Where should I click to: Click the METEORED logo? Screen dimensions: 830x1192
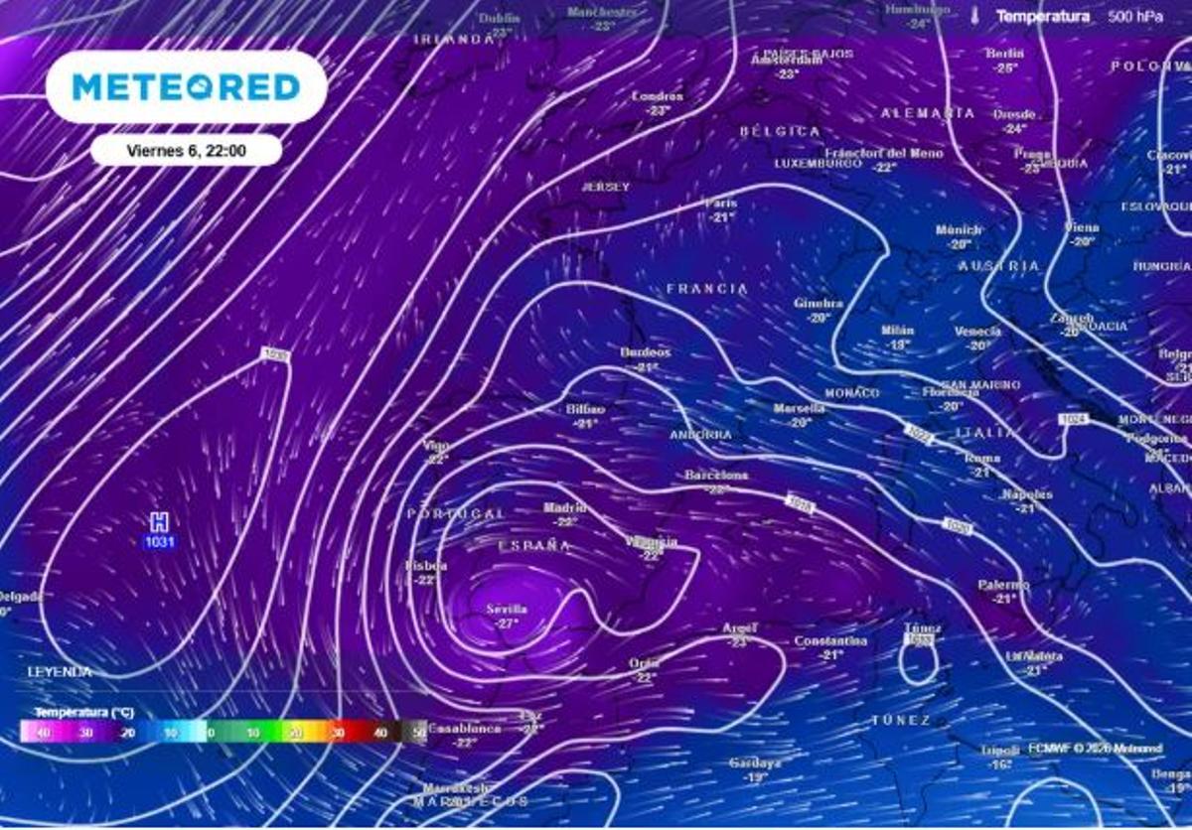click(x=186, y=87)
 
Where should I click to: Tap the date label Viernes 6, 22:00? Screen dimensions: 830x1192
click(x=187, y=151)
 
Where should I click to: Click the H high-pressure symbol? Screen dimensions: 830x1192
click(x=158, y=522)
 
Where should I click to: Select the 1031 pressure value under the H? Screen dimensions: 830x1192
click(x=159, y=541)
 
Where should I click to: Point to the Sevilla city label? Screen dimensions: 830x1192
click(x=507, y=609)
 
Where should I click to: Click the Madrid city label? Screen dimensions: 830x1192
click(x=564, y=508)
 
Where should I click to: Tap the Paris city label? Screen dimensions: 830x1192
click(x=721, y=204)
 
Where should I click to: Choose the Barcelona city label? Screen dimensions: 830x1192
click(x=716, y=476)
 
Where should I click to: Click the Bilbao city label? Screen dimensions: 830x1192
click(x=585, y=409)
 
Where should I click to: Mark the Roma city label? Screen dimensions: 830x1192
click(x=982, y=458)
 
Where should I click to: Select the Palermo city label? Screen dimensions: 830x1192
click(x=1003, y=586)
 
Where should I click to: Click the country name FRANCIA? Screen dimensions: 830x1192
click(x=707, y=289)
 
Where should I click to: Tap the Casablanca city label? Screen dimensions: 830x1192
click(x=465, y=728)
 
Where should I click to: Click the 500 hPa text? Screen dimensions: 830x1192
click(x=1135, y=17)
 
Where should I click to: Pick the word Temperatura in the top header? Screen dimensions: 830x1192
click(x=1042, y=17)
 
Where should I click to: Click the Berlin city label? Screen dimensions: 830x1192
click(x=1003, y=54)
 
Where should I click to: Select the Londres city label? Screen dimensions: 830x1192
click(x=658, y=96)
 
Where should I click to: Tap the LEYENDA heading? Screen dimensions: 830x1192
click(x=60, y=672)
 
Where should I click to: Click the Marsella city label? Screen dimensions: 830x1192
click(x=800, y=408)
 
